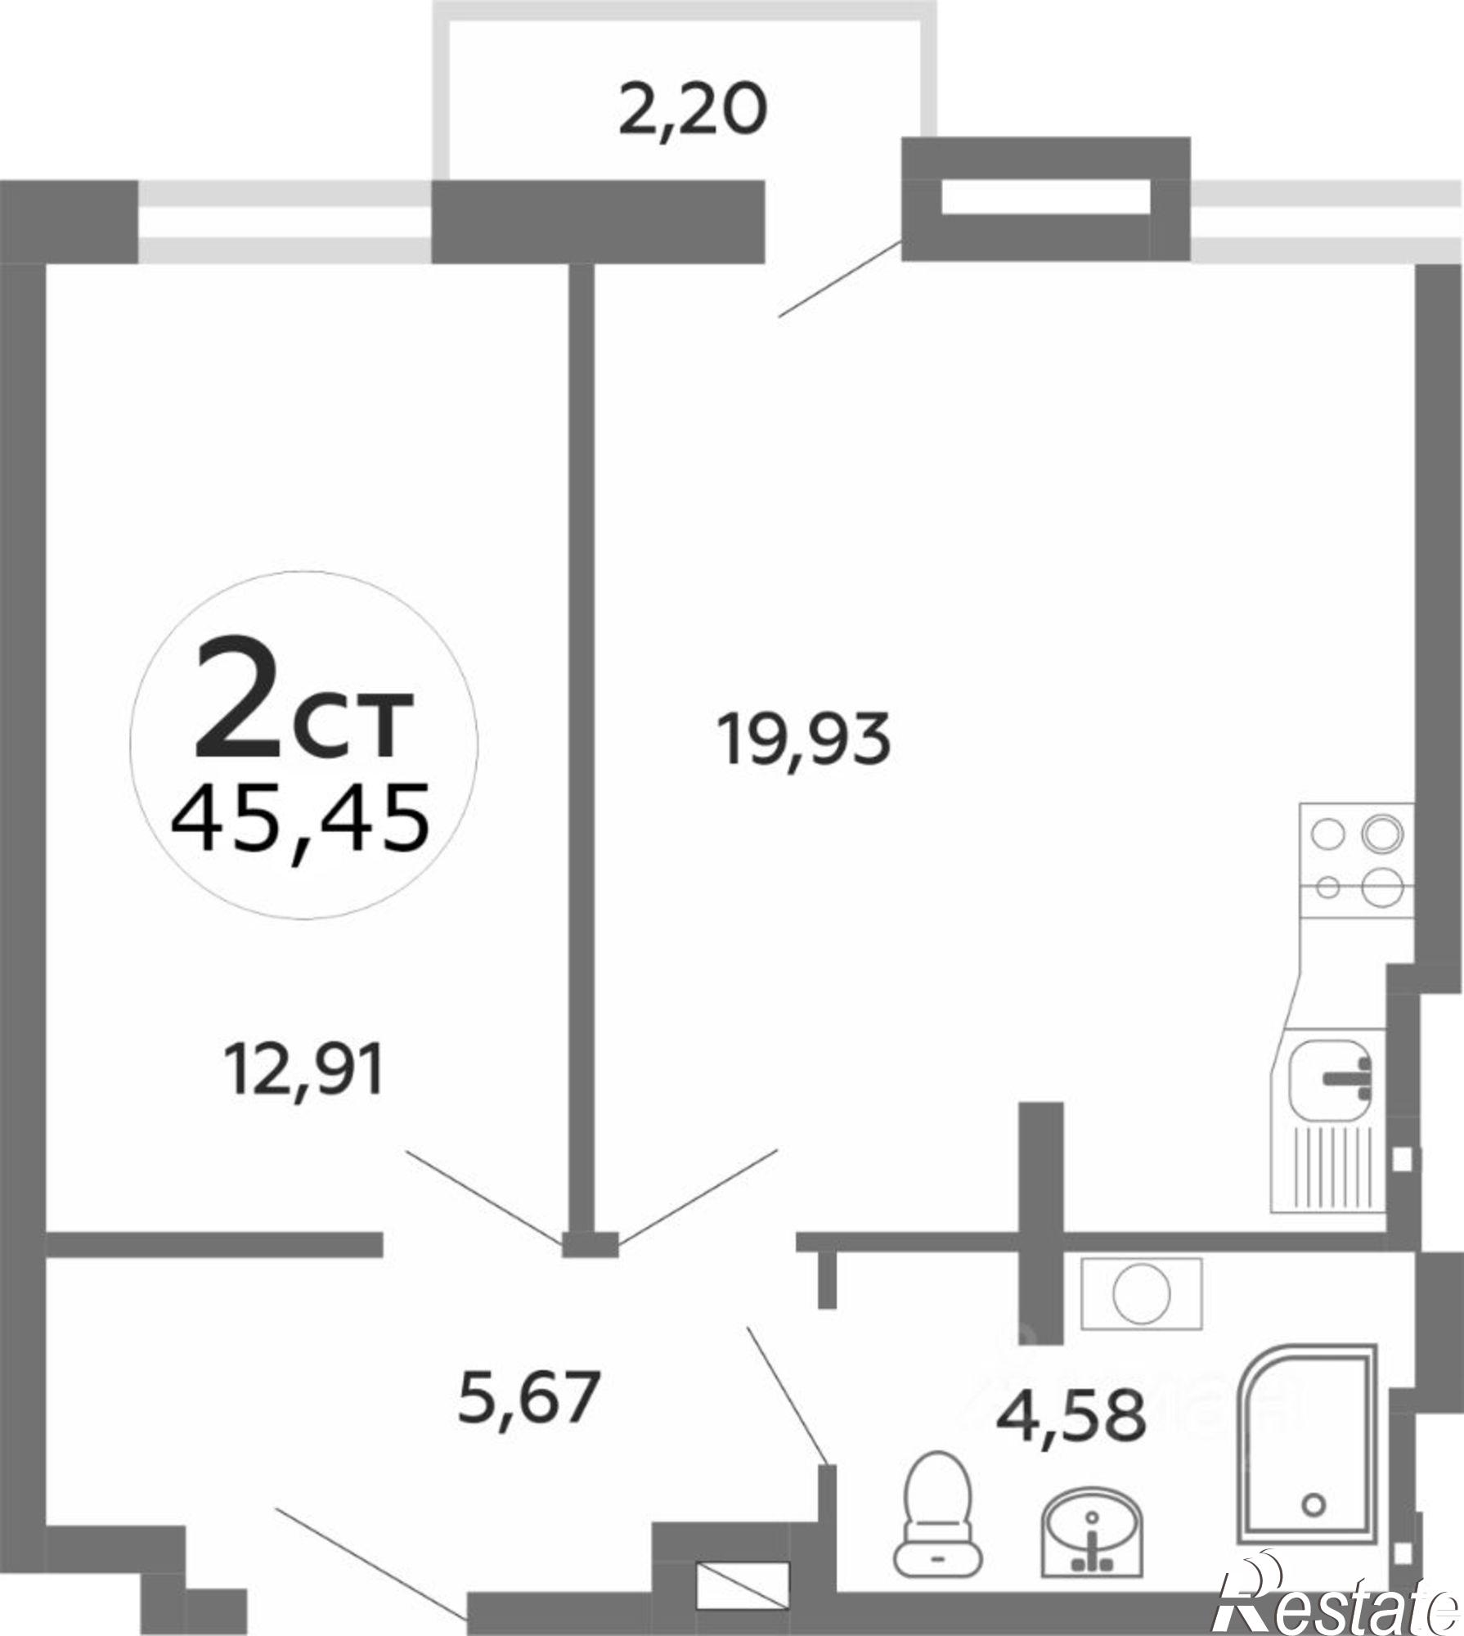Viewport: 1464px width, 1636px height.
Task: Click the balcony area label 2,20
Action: (x=693, y=112)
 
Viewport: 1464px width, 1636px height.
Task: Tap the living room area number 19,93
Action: (x=803, y=739)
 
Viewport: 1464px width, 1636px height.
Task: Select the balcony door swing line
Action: (x=840, y=278)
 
